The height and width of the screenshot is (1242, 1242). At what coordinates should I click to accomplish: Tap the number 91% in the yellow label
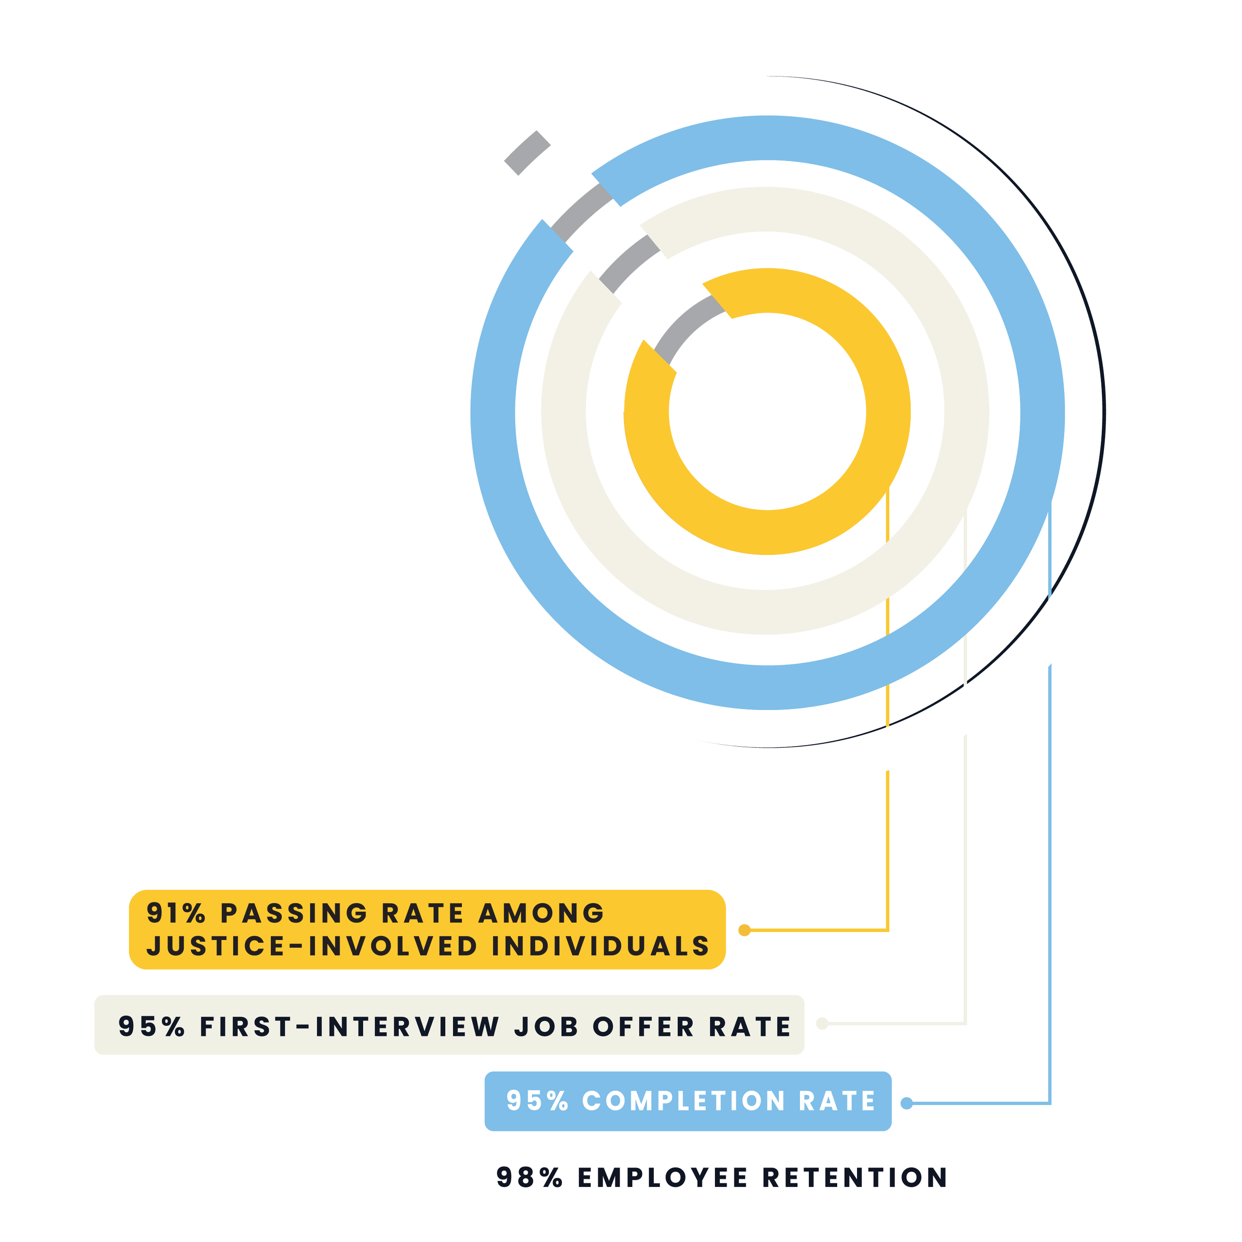(175, 914)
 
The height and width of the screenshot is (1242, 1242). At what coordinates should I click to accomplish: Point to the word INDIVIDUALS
(601, 946)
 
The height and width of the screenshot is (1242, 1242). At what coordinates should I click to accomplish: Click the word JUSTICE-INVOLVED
(312, 946)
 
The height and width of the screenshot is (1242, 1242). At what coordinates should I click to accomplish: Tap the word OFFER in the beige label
(643, 1027)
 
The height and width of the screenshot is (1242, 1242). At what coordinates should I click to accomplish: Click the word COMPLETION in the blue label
(684, 1101)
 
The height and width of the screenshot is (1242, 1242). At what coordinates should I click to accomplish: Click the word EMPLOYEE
(663, 1178)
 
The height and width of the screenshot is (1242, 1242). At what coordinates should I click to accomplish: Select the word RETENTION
(855, 1178)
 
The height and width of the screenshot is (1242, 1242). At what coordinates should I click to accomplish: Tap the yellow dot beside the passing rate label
(744, 930)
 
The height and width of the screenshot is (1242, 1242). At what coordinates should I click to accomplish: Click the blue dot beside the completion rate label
(907, 1103)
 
